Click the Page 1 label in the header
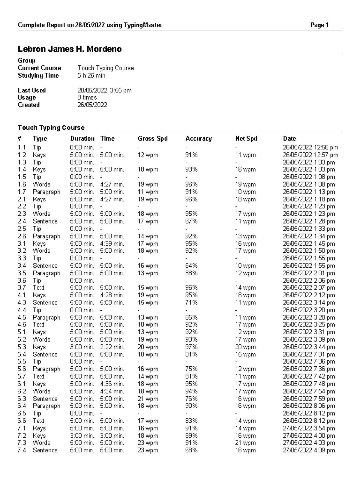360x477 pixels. (319, 25)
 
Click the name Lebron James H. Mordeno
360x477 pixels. (70, 49)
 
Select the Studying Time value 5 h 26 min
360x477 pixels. (91, 76)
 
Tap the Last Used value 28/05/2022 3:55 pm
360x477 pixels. (104, 90)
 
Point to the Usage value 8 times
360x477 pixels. (87, 97)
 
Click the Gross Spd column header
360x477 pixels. (152, 139)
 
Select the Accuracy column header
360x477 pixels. (198, 139)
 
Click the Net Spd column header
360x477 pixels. (246, 139)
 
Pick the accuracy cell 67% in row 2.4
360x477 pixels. (191, 221)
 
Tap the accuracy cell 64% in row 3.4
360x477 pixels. (191, 266)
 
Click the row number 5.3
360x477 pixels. (22, 347)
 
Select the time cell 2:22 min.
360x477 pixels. (112, 347)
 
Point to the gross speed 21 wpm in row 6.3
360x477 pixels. (148, 399)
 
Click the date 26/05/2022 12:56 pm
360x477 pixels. (310, 148)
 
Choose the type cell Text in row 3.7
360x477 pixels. (38, 288)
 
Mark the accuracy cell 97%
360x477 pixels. (191, 347)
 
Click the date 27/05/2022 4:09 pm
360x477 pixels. (309, 450)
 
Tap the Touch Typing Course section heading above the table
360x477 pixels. (51, 128)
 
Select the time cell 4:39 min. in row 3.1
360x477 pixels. (112, 244)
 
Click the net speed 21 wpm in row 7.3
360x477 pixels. (245, 443)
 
